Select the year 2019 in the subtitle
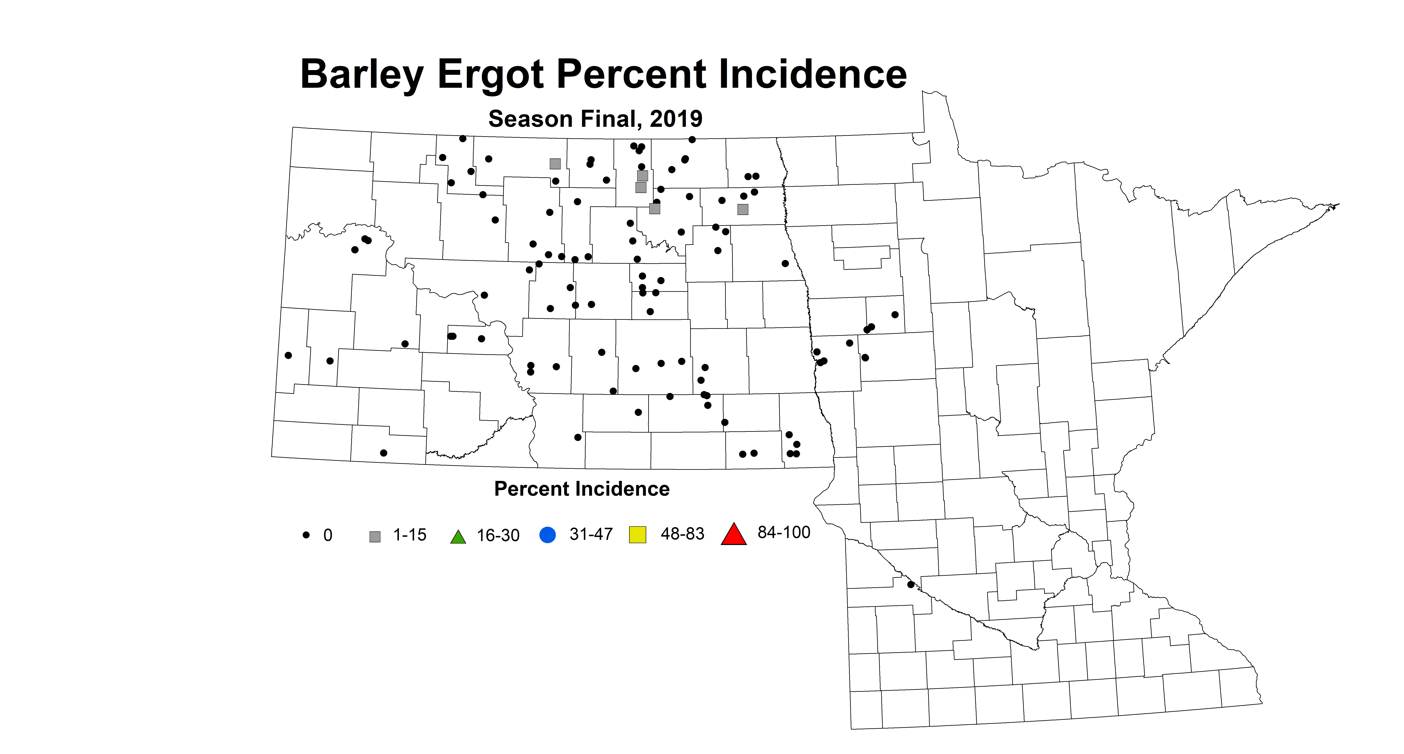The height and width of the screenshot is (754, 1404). (x=676, y=119)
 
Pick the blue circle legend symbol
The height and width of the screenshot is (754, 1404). (x=547, y=535)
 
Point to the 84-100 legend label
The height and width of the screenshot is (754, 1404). (x=784, y=532)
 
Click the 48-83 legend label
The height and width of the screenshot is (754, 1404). (x=682, y=533)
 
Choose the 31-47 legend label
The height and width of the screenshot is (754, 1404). (x=591, y=534)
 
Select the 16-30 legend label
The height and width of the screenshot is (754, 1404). (x=498, y=536)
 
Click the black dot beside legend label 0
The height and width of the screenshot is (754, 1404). (x=306, y=535)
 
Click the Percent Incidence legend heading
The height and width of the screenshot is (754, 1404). (x=581, y=489)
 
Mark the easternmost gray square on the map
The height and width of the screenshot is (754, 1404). (x=742, y=209)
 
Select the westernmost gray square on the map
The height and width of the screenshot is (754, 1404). (x=555, y=163)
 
